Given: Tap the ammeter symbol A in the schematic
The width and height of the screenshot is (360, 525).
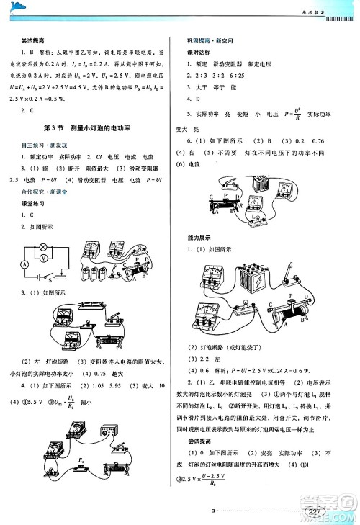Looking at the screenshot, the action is [x=25, y=264].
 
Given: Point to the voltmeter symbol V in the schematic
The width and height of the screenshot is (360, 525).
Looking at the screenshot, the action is [x=42, y=255].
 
